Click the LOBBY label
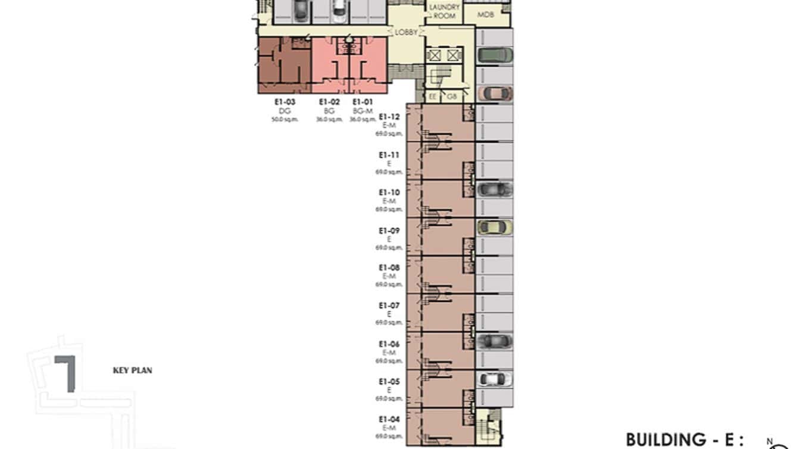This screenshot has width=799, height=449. coord(406,33)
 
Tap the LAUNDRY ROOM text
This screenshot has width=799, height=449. coord(444,11)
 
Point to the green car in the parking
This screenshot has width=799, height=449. coord(495,55)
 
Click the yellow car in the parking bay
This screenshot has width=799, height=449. coord(495,227)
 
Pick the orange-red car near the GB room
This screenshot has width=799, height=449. coord(495,93)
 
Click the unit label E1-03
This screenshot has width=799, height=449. coord(285,102)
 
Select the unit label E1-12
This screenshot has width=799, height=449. coord(389,117)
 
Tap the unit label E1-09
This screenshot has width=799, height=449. coord(389,231)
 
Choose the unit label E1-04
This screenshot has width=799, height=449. coord(389,420)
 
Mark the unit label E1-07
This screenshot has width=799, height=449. coord(389,306)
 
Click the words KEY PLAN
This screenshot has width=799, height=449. coord(132,370)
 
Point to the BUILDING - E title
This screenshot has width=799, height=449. coord(685,440)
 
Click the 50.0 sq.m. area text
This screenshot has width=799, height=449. coord(285,120)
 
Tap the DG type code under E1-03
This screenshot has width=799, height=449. coord(284,111)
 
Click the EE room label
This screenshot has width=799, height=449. coord(433,96)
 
